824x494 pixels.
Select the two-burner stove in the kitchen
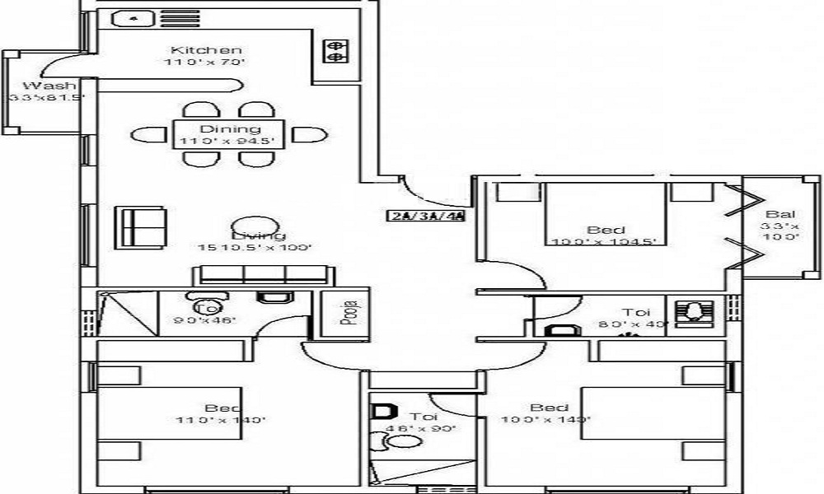coord(335,52)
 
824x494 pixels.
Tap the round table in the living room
coord(248,228)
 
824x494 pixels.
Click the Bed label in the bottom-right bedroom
coord(549,408)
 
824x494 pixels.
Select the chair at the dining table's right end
coord(308,134)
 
